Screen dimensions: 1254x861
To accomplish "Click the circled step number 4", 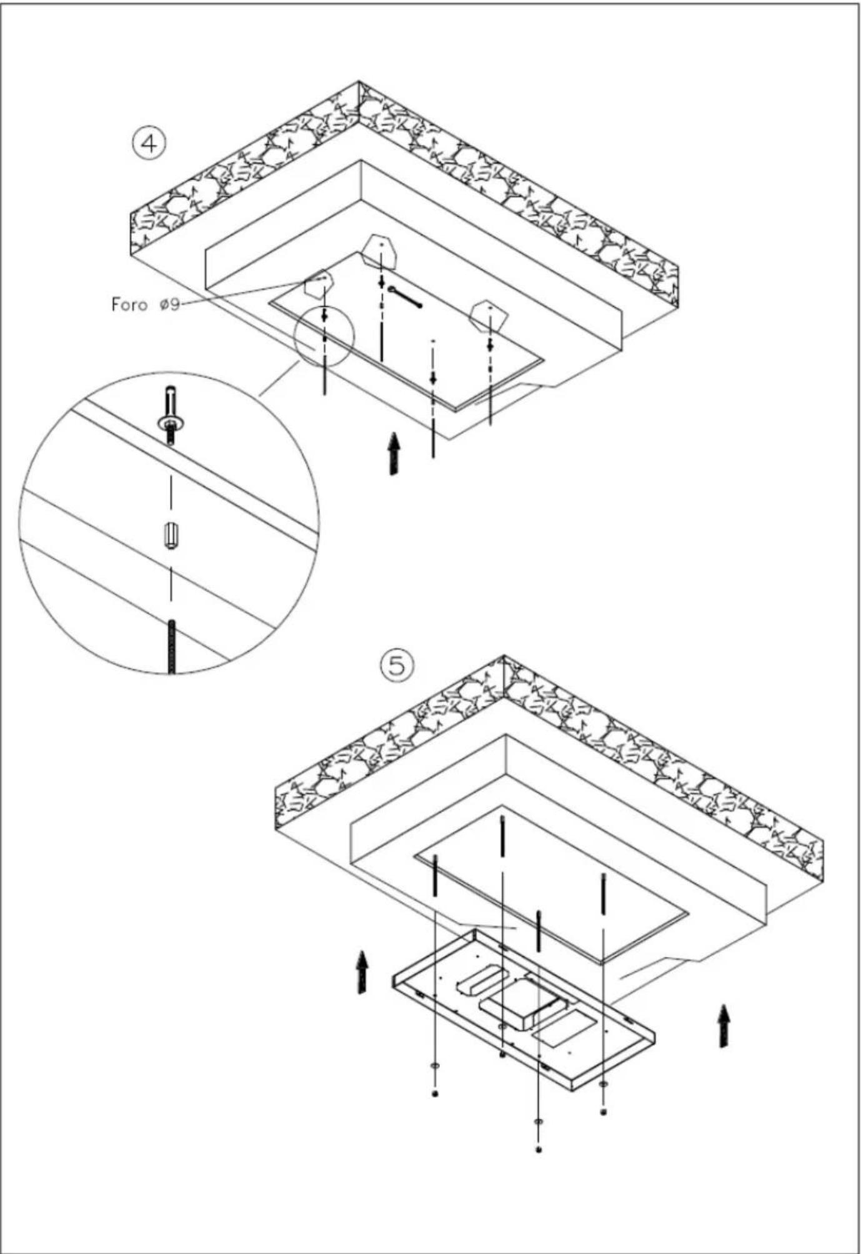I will (149, 144).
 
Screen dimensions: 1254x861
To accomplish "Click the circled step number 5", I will (397, 665).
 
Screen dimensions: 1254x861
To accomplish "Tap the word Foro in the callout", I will (129, 304).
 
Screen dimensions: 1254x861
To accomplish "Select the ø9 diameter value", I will (169, 304).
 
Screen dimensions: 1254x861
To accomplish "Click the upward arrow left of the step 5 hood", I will (361, 972).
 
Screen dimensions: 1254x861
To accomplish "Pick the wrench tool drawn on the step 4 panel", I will (405, 296).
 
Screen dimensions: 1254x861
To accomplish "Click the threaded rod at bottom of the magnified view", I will (171, 647).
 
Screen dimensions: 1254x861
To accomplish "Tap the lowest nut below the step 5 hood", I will (539, 1150).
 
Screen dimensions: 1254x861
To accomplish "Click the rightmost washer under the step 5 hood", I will (603, 1083).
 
